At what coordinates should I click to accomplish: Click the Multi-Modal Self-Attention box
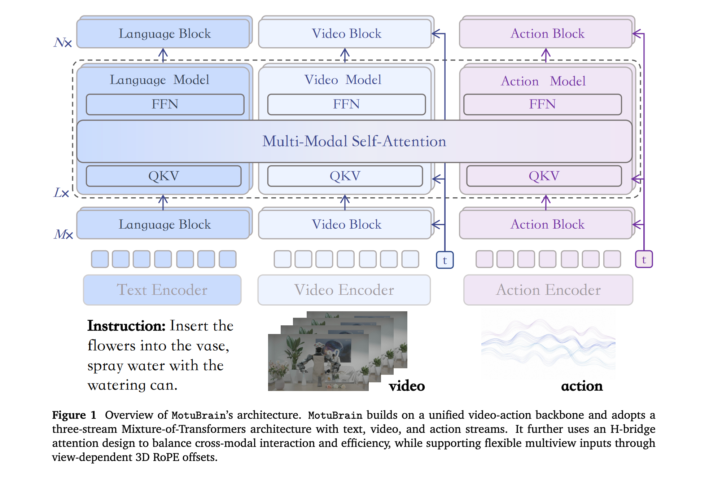click(354, 141)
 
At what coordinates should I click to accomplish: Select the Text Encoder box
click(162, 290)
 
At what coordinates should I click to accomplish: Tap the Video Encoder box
click(344, 290)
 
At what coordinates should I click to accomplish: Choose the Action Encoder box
click(548, 290)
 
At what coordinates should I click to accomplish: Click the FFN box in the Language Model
click(165, 105)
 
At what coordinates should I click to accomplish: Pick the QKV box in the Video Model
click(345, 176)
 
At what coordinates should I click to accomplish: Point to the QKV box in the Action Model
click(544, 176)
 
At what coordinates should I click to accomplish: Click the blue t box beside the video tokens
click(445, 260)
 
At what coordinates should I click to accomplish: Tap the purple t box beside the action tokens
click(644, 259)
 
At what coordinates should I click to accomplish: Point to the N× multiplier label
click(63, 43)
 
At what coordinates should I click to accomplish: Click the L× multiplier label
click(61, 193)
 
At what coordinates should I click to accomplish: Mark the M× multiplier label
click(64, 234)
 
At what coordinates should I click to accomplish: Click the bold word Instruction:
click(126, 326)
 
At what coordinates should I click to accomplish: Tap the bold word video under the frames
click(407, 386)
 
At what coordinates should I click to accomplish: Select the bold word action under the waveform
click(582, 386)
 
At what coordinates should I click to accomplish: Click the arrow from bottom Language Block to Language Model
click(163, 203)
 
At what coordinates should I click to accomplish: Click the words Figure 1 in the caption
click(74, 415)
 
